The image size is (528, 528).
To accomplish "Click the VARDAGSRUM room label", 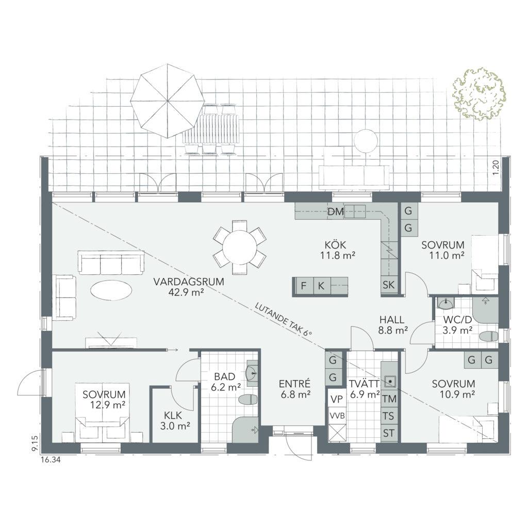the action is click(x=189, y=286).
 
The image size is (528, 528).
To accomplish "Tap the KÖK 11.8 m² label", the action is click(x=338, y=250).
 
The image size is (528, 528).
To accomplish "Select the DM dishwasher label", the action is click(x=336, y=212).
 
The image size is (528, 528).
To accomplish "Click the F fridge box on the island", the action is click(x=304, y=286).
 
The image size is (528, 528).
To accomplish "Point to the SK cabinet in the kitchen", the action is click(x=389, y=285).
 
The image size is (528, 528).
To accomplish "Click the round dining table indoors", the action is click(x=240, y=247).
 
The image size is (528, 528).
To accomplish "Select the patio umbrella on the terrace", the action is click(x=168, y=101).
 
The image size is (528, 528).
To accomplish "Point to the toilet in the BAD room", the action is click(x=248, y=400).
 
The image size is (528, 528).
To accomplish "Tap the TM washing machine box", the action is click(x=389, y=399).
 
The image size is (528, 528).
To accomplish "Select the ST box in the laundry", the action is click(x=389, y=433).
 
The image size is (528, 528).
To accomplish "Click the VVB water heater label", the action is click(x=337, y=416).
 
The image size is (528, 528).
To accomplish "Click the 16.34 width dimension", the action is click(x=51, y=459).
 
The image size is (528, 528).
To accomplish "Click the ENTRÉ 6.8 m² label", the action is click(x=295, y=389).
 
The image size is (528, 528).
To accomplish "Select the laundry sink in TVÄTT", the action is click(x=390, y=381).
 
